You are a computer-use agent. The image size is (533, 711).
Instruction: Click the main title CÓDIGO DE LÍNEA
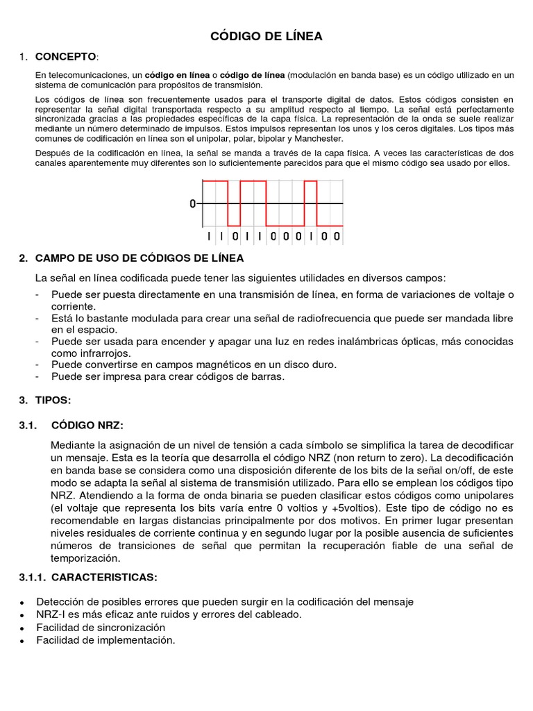pos(266,37)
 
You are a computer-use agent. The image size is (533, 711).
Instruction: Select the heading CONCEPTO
pos(67,56)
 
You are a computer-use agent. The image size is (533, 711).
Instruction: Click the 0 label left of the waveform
pos(192,204)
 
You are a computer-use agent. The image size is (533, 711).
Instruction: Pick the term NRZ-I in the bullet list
pos(50,614)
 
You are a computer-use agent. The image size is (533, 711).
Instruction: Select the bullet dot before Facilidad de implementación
pos(23,642)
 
